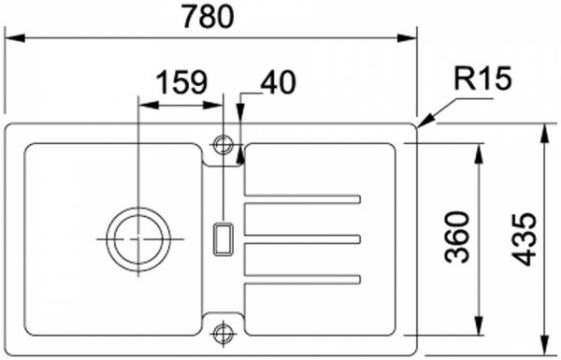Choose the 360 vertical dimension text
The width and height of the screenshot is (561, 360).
(x=457, y=238)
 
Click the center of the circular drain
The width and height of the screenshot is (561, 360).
(x=138, y=238)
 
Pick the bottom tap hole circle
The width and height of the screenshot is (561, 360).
(x=223, y=330)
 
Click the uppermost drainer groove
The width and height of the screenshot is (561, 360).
(x=302, y=199)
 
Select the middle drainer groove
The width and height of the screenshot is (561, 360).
(x=302, y=238)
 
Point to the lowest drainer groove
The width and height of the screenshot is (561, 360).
(x=302, y=277)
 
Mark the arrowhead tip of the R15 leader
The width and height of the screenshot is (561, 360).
(x=420, y=125)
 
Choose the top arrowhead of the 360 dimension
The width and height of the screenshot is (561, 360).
(x=480, y=150)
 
